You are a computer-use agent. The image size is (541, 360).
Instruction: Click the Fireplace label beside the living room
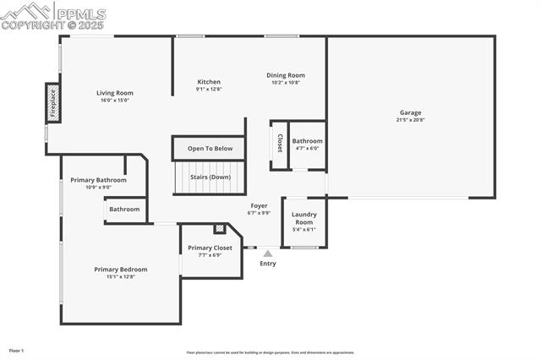tap(52, 102)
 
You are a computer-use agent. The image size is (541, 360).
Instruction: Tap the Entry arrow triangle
tap(268, 253)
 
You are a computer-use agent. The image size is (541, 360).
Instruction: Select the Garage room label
tap(411, 112)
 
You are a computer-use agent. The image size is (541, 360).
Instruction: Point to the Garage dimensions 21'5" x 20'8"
tap(411, 120)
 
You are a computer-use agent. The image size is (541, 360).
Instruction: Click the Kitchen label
tap(209, 81)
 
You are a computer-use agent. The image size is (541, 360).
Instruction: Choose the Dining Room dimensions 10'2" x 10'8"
tap(286, 83)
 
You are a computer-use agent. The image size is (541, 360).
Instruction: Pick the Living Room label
tap(115, 93)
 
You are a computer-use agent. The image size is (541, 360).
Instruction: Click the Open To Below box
tap(210, 149)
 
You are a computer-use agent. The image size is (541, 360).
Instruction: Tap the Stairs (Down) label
tap(209, 177)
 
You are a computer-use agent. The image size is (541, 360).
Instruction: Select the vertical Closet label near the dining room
tap(280, 145)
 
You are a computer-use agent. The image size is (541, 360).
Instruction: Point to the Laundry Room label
tap(303, 218)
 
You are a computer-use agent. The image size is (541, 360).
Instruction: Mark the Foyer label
tap(259, 205)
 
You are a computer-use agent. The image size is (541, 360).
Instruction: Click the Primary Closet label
tap(210, 248)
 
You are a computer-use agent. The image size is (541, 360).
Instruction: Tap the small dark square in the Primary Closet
tap(220, 228)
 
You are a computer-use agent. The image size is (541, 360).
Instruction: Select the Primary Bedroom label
tap(120, 270)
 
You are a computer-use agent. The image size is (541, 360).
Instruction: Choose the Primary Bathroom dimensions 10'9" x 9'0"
tap(98, 188)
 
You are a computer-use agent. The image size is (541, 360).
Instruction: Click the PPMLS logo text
tap(80, 14)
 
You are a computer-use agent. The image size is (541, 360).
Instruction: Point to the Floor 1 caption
tap(17, 350)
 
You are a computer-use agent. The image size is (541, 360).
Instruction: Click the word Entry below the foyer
tap(268, 264)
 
